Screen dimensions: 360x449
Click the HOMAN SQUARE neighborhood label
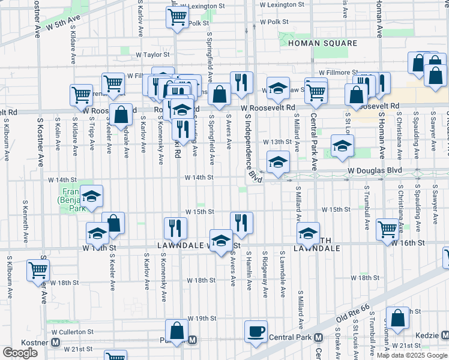pos(322,43)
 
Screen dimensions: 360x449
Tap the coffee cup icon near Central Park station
pos(256,332)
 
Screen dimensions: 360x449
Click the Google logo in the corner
pos(20,353)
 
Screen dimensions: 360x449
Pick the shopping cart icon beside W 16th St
pos(388,228)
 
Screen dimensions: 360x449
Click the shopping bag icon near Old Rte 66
pos(397,317)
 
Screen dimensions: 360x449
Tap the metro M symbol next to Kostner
pos(55,342)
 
